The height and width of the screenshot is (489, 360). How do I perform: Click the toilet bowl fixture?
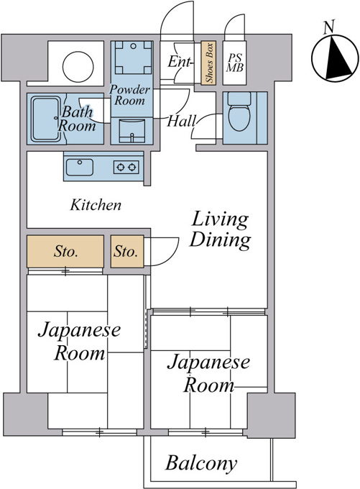pos(239,111)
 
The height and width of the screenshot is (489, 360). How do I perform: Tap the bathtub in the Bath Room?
pos(46,119)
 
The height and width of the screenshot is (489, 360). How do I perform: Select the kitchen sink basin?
pos(80,167)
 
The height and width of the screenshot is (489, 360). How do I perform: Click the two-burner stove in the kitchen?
pos(126,167)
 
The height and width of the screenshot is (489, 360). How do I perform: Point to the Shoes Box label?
pos(209,63)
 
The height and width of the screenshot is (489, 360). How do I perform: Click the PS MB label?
pos(235,63)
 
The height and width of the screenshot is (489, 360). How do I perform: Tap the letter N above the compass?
pos(329,27)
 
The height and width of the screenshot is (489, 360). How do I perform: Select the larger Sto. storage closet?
pos(65,252)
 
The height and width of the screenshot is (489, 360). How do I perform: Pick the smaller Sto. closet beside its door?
pos(127,252)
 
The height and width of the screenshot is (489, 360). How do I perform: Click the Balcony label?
pos(201,463)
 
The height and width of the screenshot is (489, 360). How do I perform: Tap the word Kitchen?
pos(96,205)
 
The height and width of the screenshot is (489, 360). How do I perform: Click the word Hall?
pos(181,121)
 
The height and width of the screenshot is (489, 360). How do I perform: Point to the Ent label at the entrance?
pos(179,61)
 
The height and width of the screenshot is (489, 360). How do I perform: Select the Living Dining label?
pos(221,230)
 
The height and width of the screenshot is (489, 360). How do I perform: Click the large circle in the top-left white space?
pos(78,67)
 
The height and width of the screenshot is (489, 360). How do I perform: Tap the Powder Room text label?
pos(129,95)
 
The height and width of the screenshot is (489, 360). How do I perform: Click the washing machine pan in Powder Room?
pos(133,57)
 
